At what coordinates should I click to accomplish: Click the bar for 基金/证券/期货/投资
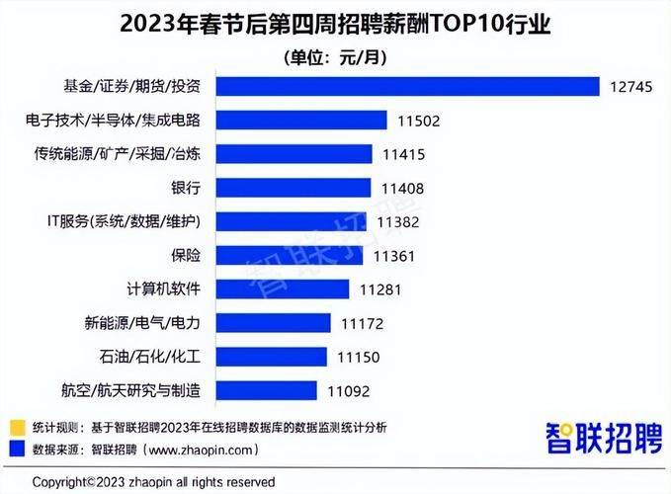tap(407, 86)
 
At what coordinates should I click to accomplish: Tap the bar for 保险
tap(292, 255)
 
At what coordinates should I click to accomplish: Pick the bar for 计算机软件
tap(282, 288)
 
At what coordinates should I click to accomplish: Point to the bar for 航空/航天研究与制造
tap(267, 390)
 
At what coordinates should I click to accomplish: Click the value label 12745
tap(630, 86)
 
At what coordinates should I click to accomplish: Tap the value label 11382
tap(400, 221)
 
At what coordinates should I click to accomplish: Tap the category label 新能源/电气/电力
tap(143, 323)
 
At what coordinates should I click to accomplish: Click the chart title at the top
tap(335, 22)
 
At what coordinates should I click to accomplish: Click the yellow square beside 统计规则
tap(16, 426)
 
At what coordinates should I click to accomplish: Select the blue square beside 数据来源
tap(16, 448)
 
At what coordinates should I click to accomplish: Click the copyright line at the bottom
tap(153, 481)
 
